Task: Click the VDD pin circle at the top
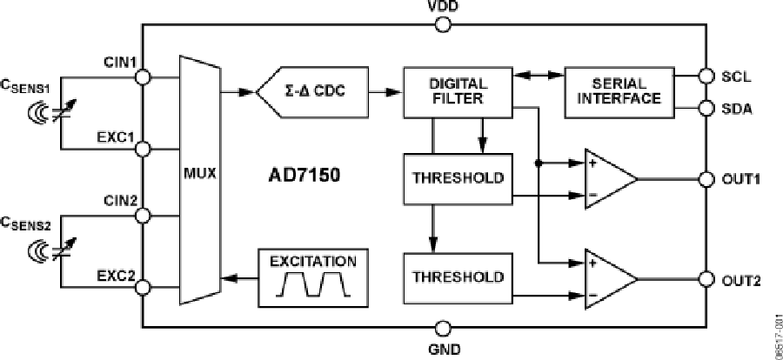point(444,24)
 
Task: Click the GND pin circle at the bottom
point(444,328)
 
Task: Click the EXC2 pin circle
point(144,283)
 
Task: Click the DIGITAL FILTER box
point(458,91)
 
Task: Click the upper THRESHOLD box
point(458,178)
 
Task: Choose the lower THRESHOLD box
point(458,278)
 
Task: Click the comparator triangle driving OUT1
point(609,179)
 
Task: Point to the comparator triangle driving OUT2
point(609,279)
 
